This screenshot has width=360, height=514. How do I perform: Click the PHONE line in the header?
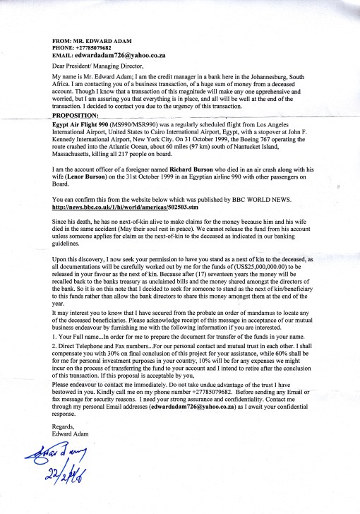tap(84, 49)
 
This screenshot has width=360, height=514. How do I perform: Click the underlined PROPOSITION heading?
tap(78, 114)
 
